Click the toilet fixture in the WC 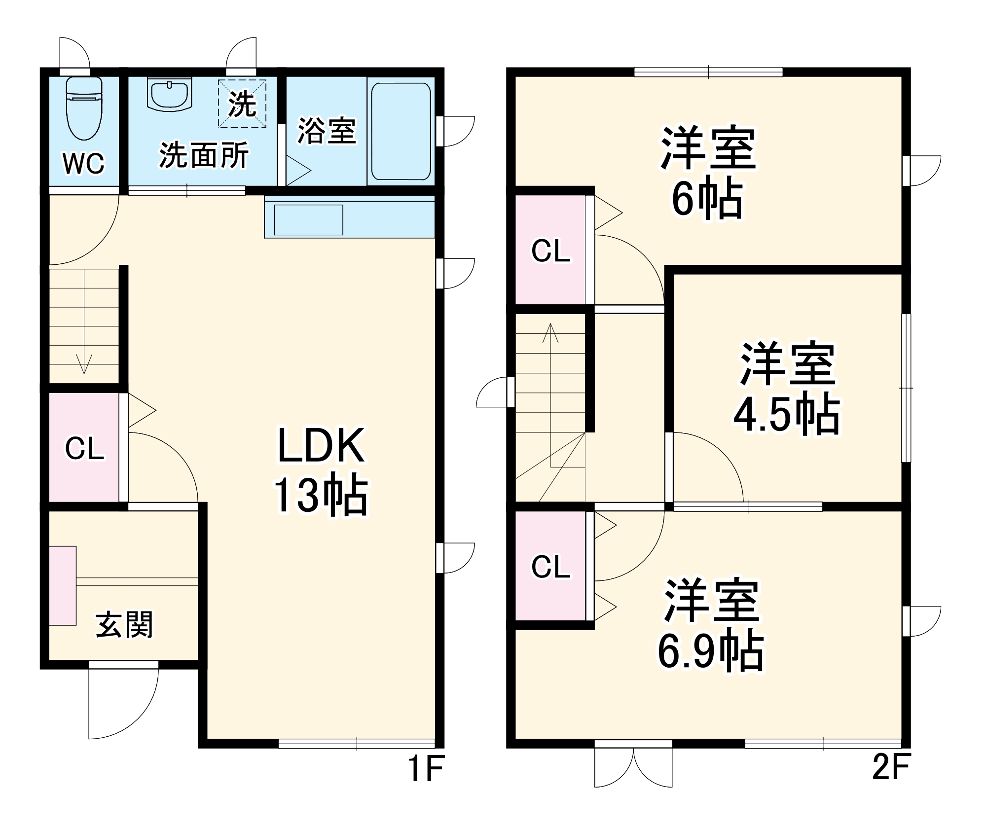click(x=84, y=108)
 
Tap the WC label click(x=84, y=163)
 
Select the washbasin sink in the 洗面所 click(x=169, y=95)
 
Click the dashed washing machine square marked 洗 click(x=242, y=104)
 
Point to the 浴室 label click(x=327, y=131)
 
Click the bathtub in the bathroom click(x=401, y=131)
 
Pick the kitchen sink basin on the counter click(x=308, y=219)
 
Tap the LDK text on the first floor click(x=321, y=446)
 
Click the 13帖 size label click(x=321, y=495)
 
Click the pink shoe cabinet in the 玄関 click(x=63, y=585)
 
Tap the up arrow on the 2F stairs click(x=550, y=334)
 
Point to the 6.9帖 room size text click(x=710, y=651)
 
